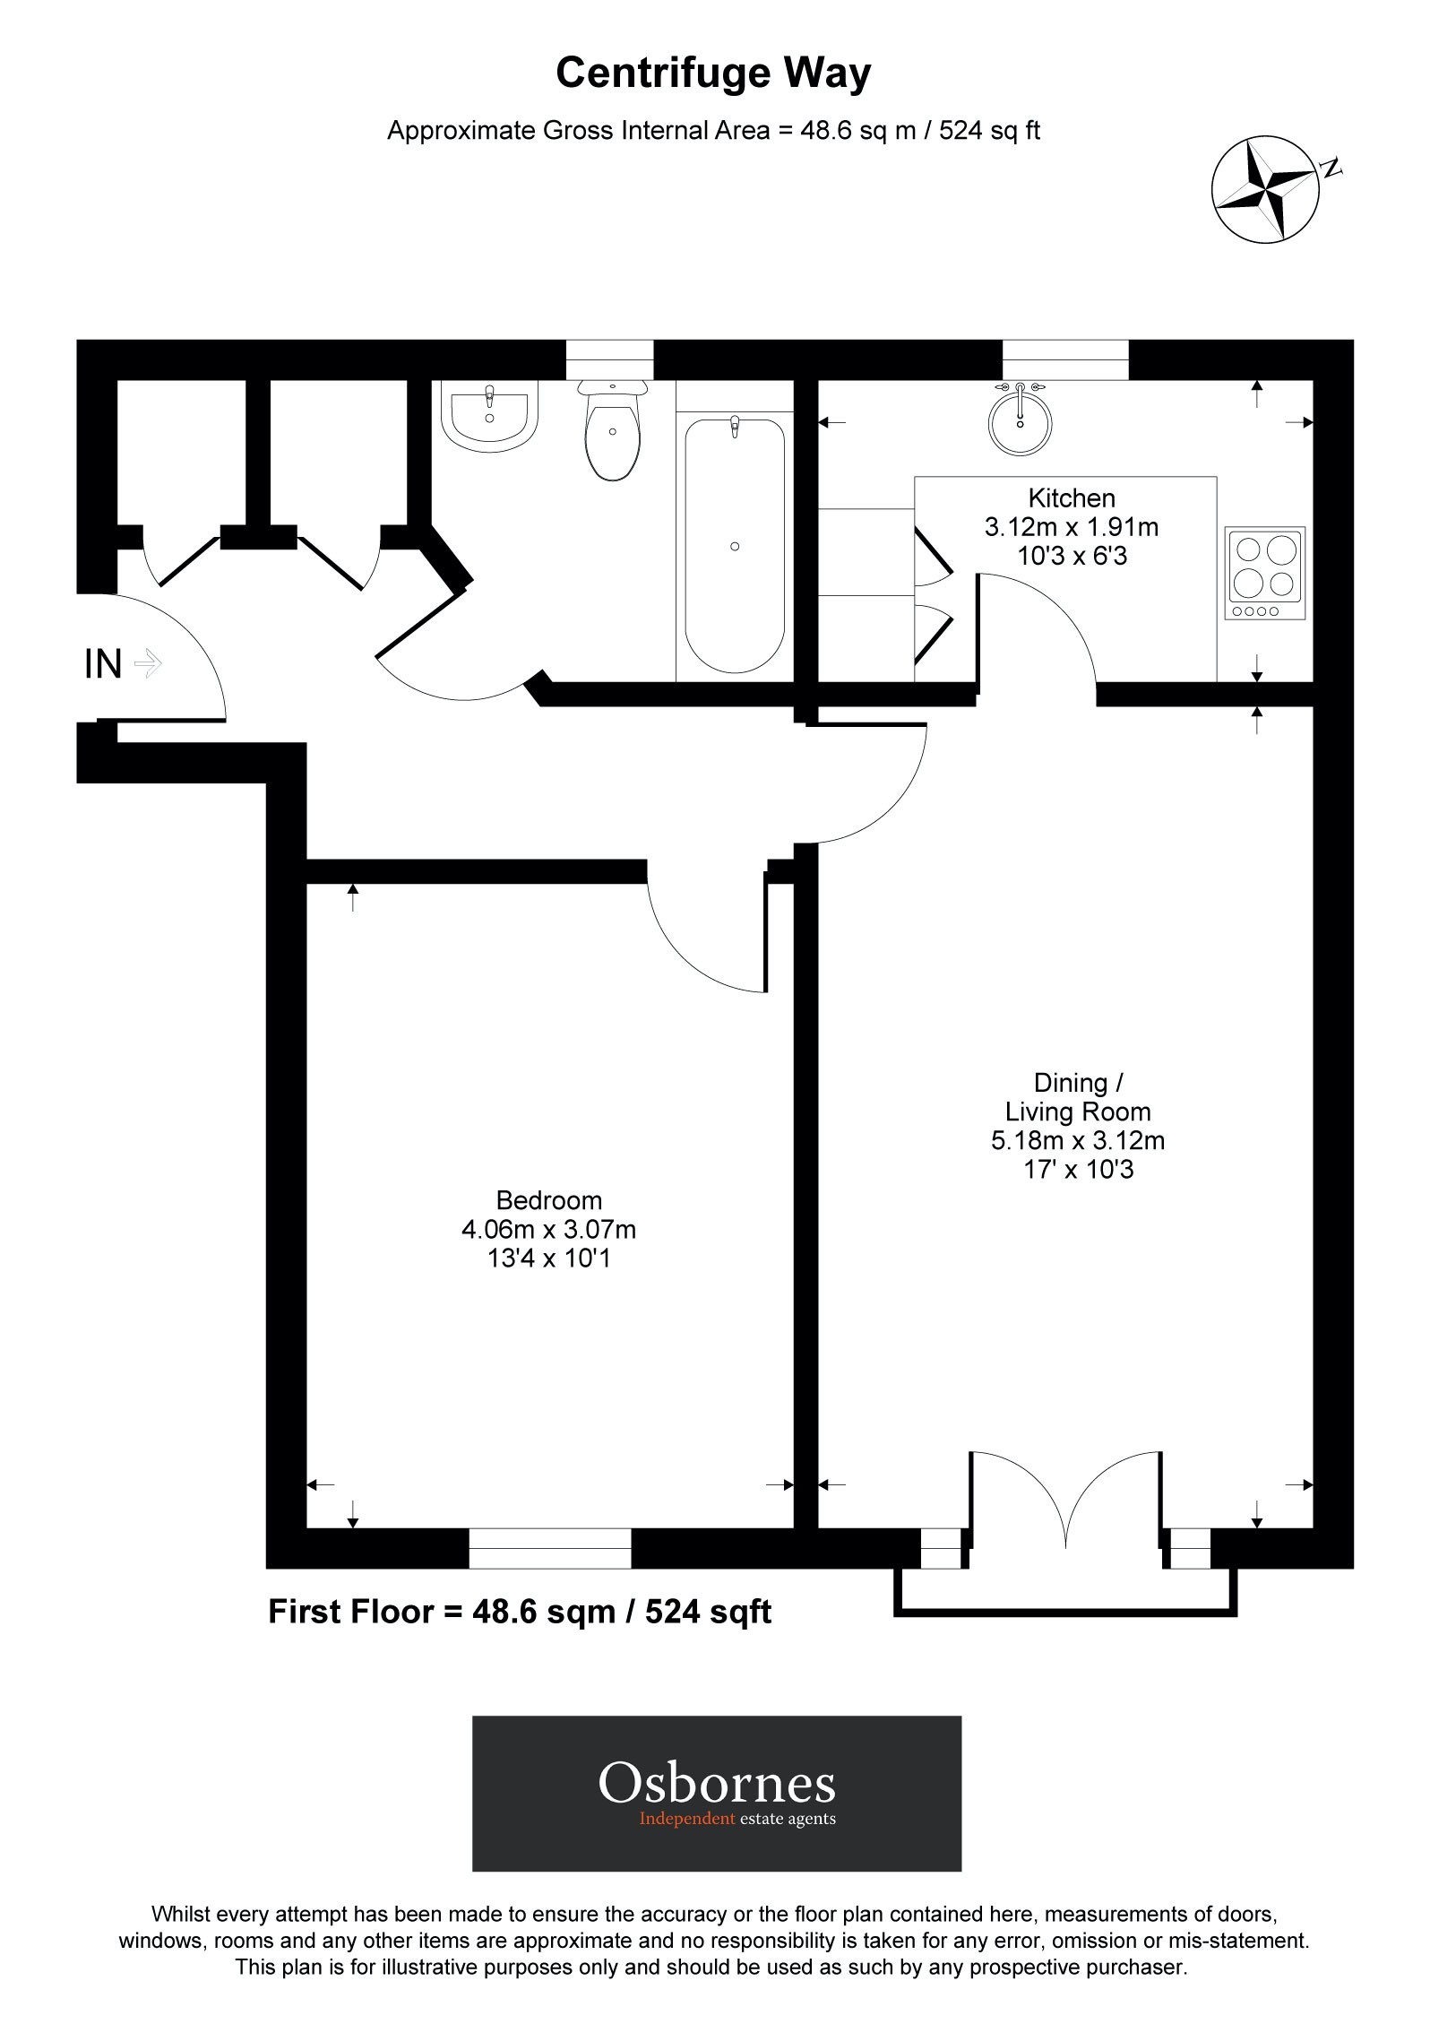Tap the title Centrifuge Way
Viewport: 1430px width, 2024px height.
point(713,74)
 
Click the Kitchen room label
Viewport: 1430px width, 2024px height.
point(1072,497)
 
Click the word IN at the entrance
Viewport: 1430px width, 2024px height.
point(102,664)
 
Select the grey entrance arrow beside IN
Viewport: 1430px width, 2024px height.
point(147,664)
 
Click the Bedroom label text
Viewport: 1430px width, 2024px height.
point(549,1199)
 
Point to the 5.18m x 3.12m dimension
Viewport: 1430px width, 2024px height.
point(1077,1140)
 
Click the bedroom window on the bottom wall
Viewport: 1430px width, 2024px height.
point(549,1548)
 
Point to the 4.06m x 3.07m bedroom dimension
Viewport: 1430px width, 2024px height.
point(549,1228)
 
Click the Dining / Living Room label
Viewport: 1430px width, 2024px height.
point(1077,1097)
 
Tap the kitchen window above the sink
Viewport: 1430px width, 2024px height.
point(1064,360)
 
